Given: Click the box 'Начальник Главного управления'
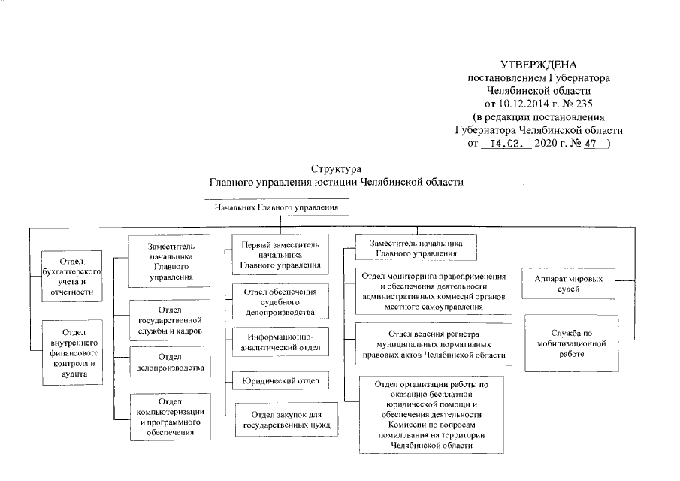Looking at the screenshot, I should (x=276, y=206).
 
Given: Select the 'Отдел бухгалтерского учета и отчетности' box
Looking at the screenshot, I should (x=72, y=276).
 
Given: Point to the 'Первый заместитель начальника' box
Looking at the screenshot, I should (x=280, y=254).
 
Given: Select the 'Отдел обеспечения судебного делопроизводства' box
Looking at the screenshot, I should (x=280, y=301).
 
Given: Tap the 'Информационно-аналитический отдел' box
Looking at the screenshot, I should (x=280, y=341).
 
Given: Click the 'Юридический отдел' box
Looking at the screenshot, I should (x=280, y=381).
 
